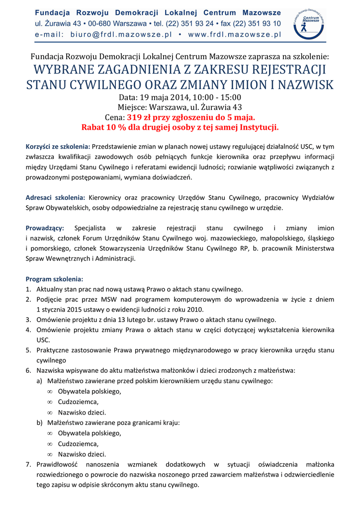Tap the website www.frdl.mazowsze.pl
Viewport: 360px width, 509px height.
(235, 34)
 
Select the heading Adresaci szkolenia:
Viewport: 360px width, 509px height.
(55, 198)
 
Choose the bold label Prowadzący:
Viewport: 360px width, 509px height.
(45, 228)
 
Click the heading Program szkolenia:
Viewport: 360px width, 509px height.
(54, 279)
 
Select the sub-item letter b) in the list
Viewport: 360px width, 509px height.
(39, 423)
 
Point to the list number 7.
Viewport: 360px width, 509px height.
(28, 464)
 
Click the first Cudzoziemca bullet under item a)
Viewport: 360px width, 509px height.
(78, 402)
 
